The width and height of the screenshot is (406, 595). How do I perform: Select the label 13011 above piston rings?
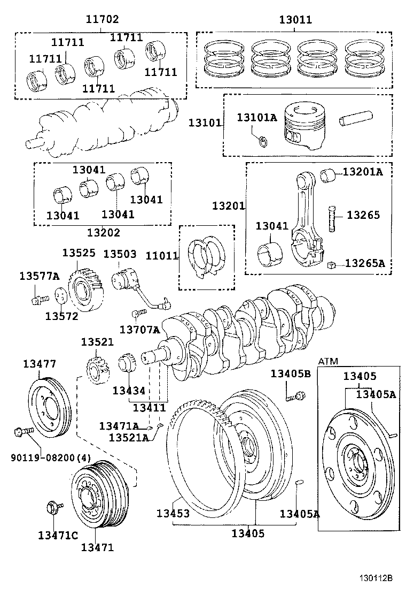click(x=295, y=20)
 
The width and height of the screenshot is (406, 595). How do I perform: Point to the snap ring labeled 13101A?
click(x=263, y=141)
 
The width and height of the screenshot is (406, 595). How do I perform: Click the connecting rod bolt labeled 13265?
click(x=332, y=217)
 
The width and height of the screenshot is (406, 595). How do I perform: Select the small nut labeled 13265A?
click(x=331, y=264)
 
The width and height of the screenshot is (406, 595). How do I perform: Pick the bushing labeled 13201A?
click(x=327, y=174)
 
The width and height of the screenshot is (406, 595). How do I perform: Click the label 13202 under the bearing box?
click(x=104, y=233)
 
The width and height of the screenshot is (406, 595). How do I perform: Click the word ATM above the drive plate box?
click(x=329, y=362)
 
